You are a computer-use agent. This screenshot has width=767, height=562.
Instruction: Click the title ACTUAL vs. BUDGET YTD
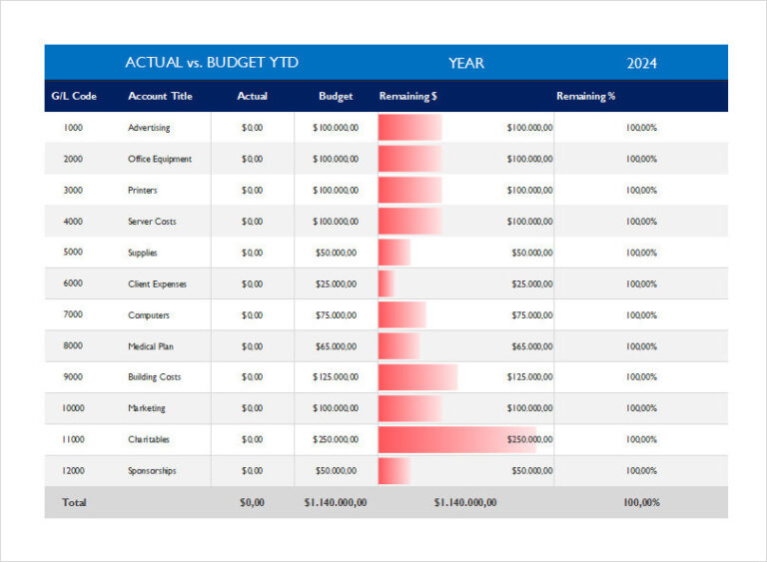[211, 63]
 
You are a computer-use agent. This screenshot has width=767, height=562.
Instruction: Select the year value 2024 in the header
[641, 63]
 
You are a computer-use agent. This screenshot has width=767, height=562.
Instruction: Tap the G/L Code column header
[73, 97]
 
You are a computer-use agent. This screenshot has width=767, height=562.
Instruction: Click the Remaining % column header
[585, 97]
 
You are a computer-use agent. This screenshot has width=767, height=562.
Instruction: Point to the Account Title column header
[160, 97]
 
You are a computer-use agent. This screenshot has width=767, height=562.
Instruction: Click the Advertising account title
[149, 128]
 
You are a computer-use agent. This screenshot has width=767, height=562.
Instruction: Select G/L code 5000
[73, 253]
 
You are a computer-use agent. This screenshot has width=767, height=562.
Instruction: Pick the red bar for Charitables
[456, 439]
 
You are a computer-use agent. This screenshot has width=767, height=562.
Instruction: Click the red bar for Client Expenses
[386, 284]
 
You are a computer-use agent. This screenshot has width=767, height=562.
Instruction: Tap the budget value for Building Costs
[335, 377]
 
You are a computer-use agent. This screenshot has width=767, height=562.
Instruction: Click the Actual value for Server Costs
[252, 222]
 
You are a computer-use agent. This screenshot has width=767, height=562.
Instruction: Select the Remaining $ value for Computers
[532, 315]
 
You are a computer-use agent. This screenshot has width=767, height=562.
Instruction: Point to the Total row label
[74, 503]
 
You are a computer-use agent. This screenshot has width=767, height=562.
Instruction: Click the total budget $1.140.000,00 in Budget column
[335, 503]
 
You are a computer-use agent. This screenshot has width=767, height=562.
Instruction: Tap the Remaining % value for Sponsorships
[641, 471]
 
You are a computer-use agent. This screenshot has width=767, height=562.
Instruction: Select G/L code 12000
[73, 471]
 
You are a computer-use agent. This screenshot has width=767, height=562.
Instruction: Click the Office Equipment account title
[160, 160]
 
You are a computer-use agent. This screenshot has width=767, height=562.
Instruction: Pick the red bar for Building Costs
[417, 377]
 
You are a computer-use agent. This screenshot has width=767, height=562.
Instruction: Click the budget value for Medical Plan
[335, 346]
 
